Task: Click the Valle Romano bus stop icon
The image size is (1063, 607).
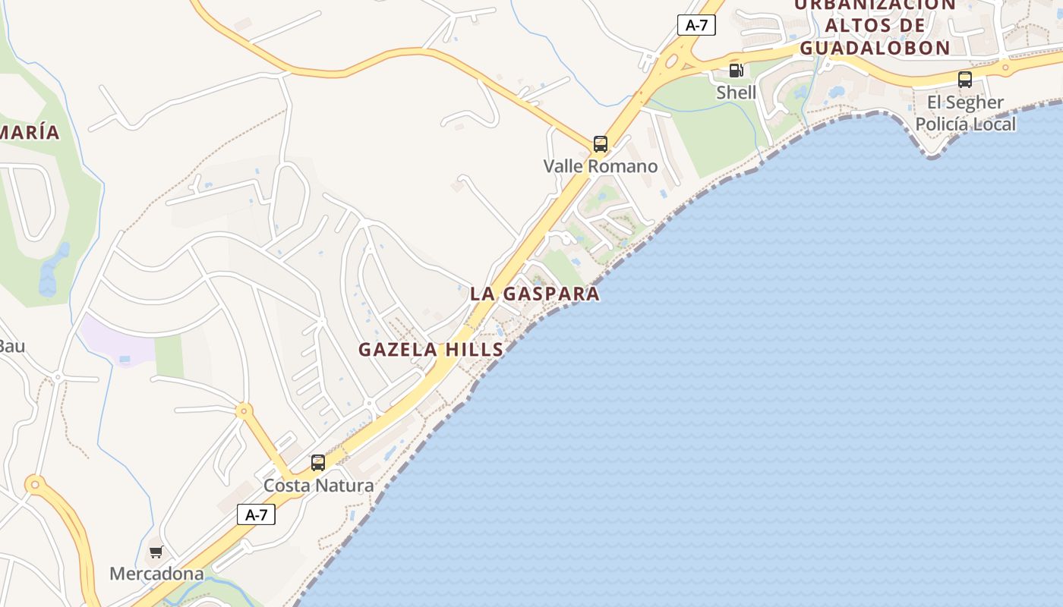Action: (x=600, y=143)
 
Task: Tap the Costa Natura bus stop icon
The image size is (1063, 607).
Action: (x=318, y=462)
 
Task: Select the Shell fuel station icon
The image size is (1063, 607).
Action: (x=736, y=71)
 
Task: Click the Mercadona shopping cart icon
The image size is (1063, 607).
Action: (x=156, y=552)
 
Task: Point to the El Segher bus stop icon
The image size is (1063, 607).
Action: (x=964, y=79)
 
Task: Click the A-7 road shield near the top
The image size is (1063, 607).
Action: (x=696, y=25)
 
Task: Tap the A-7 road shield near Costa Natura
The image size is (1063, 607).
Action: (x=256, y=514)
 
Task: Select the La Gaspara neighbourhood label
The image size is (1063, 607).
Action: (x=535, y=294)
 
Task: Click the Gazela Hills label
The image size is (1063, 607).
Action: (x=431, y=350)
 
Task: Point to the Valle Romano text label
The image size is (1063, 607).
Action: (x=601, y=166)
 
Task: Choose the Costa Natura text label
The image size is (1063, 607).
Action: (x=318, y=486)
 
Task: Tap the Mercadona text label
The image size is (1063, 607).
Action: (x=156, y=574)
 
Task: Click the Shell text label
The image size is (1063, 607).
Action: (x=736, y=93)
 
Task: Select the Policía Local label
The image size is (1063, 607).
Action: (x=965, y=124)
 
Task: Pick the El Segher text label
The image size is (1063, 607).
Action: (x=965, y=102)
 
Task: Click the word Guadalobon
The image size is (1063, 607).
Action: (x=875, y=48)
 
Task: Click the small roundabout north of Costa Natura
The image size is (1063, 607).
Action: (x=244, y=411)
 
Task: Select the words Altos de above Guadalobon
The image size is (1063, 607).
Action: (x=875, y=25)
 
